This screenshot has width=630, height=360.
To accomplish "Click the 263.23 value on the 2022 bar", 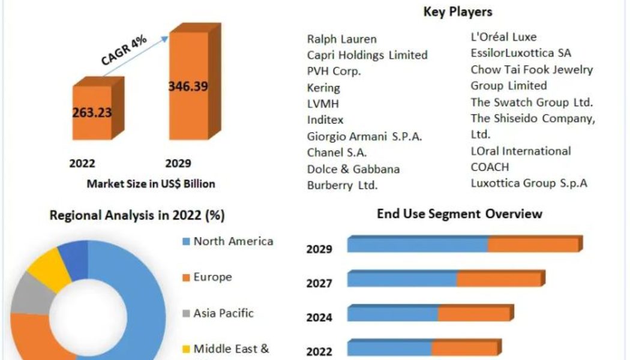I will click(x=92, y=113).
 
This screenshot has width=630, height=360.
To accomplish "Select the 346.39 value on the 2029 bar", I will click(x=188, y=86).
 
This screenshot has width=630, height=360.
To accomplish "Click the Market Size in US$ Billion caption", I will click(x=151, y=184).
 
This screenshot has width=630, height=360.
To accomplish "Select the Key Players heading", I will click(x=457, y=11).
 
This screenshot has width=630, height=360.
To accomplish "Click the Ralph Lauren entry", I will click(x=342, y=39).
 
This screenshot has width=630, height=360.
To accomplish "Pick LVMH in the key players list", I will click(x=323, y=104).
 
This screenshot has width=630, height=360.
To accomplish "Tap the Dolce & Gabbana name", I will click(x=353, y=169).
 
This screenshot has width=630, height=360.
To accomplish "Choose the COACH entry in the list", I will click(x=490, y=167).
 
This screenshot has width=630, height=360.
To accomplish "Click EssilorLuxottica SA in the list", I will click(x=521, y=53).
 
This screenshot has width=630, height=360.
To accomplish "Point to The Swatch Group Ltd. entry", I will click(x=532, y=101).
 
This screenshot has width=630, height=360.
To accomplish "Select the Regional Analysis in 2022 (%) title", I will click(x=137, y=215).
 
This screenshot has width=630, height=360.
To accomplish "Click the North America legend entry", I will click(x=233, y=241).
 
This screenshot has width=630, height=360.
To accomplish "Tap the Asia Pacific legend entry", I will click(x=223, y=313).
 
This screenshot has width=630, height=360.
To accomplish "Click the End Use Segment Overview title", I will click(x=459, y=214).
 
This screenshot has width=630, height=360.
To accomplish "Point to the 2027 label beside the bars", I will click(x=319, y=283).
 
